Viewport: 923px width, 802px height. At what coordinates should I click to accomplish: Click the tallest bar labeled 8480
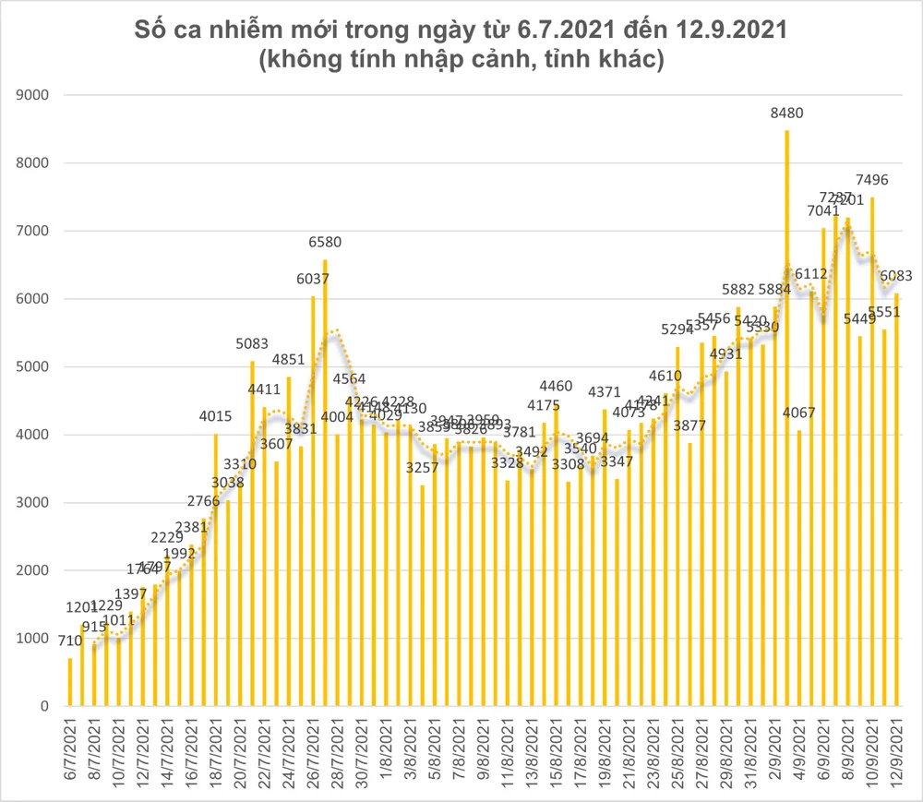(x=786, y=415)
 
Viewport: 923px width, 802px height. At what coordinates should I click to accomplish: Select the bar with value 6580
(x=325, y=480)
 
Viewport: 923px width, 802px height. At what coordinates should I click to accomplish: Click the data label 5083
(x=252, y=344)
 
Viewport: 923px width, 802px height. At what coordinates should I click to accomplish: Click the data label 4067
(x=798, y=413)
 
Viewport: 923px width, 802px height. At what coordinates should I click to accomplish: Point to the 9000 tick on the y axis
(x=36, y=95)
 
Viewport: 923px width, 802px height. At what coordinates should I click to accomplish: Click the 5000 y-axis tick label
(x=36, y=366)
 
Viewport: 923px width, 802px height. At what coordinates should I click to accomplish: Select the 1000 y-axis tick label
(x=36, y=639)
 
